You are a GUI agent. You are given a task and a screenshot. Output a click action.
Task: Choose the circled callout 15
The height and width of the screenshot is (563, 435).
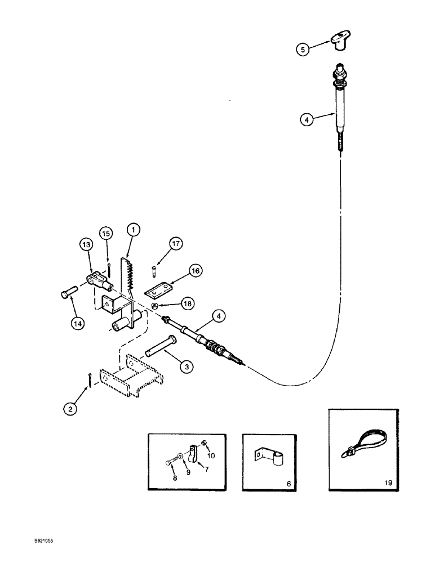[x=106, y=233]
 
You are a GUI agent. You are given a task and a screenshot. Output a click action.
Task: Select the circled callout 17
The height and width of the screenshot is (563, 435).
[x=161, y=244]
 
